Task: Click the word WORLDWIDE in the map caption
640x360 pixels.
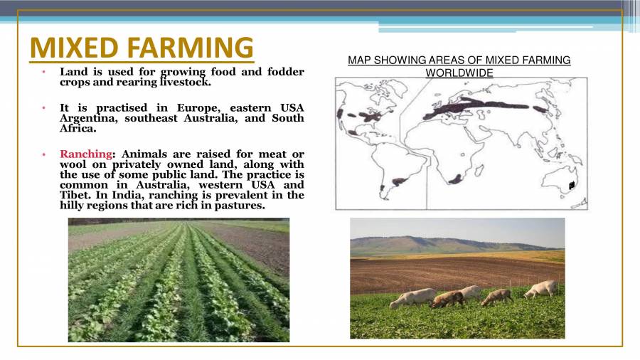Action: point(459,73)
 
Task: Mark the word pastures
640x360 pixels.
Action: point(240,205)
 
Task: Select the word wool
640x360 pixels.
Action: point(73,164)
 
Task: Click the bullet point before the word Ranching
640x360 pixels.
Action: point(43,154)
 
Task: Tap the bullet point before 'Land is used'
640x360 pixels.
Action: point(43,72)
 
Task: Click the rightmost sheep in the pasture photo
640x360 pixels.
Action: point(541,289)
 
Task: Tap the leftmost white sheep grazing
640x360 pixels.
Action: point(413,298)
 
